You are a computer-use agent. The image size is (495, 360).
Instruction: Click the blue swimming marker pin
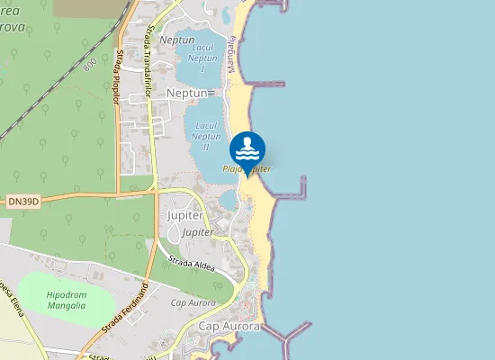coord(247,149)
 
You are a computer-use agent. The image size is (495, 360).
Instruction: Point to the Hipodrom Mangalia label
coord(66,300)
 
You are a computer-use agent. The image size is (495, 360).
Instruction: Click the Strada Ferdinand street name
coord(130,308)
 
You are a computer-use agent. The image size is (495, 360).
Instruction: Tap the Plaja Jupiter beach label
coord(247,168)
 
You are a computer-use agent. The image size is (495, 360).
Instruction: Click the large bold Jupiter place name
coord(185,216)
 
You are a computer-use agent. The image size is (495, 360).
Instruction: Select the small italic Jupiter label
coord(198,232)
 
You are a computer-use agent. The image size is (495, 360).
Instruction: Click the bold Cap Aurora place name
coord(229,326)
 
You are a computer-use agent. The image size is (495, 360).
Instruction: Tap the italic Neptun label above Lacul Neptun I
coord(176,40)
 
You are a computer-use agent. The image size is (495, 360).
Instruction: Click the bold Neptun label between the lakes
coord(187,93)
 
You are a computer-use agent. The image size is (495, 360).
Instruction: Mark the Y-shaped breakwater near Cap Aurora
coord(288,337)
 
